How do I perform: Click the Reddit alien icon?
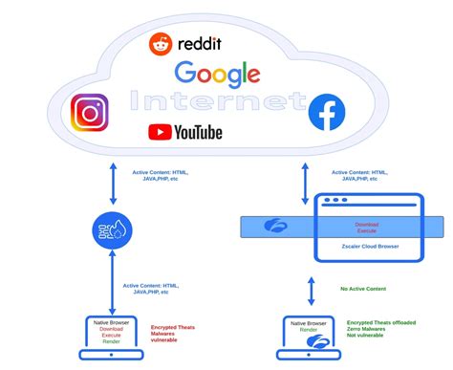[x=161, y=43]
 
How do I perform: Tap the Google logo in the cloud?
[x=217, y=74]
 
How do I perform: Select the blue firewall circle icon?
[x=113, y=232]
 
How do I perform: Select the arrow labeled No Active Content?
[x=311, y=288]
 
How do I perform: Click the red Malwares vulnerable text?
[x=172, y=337]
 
